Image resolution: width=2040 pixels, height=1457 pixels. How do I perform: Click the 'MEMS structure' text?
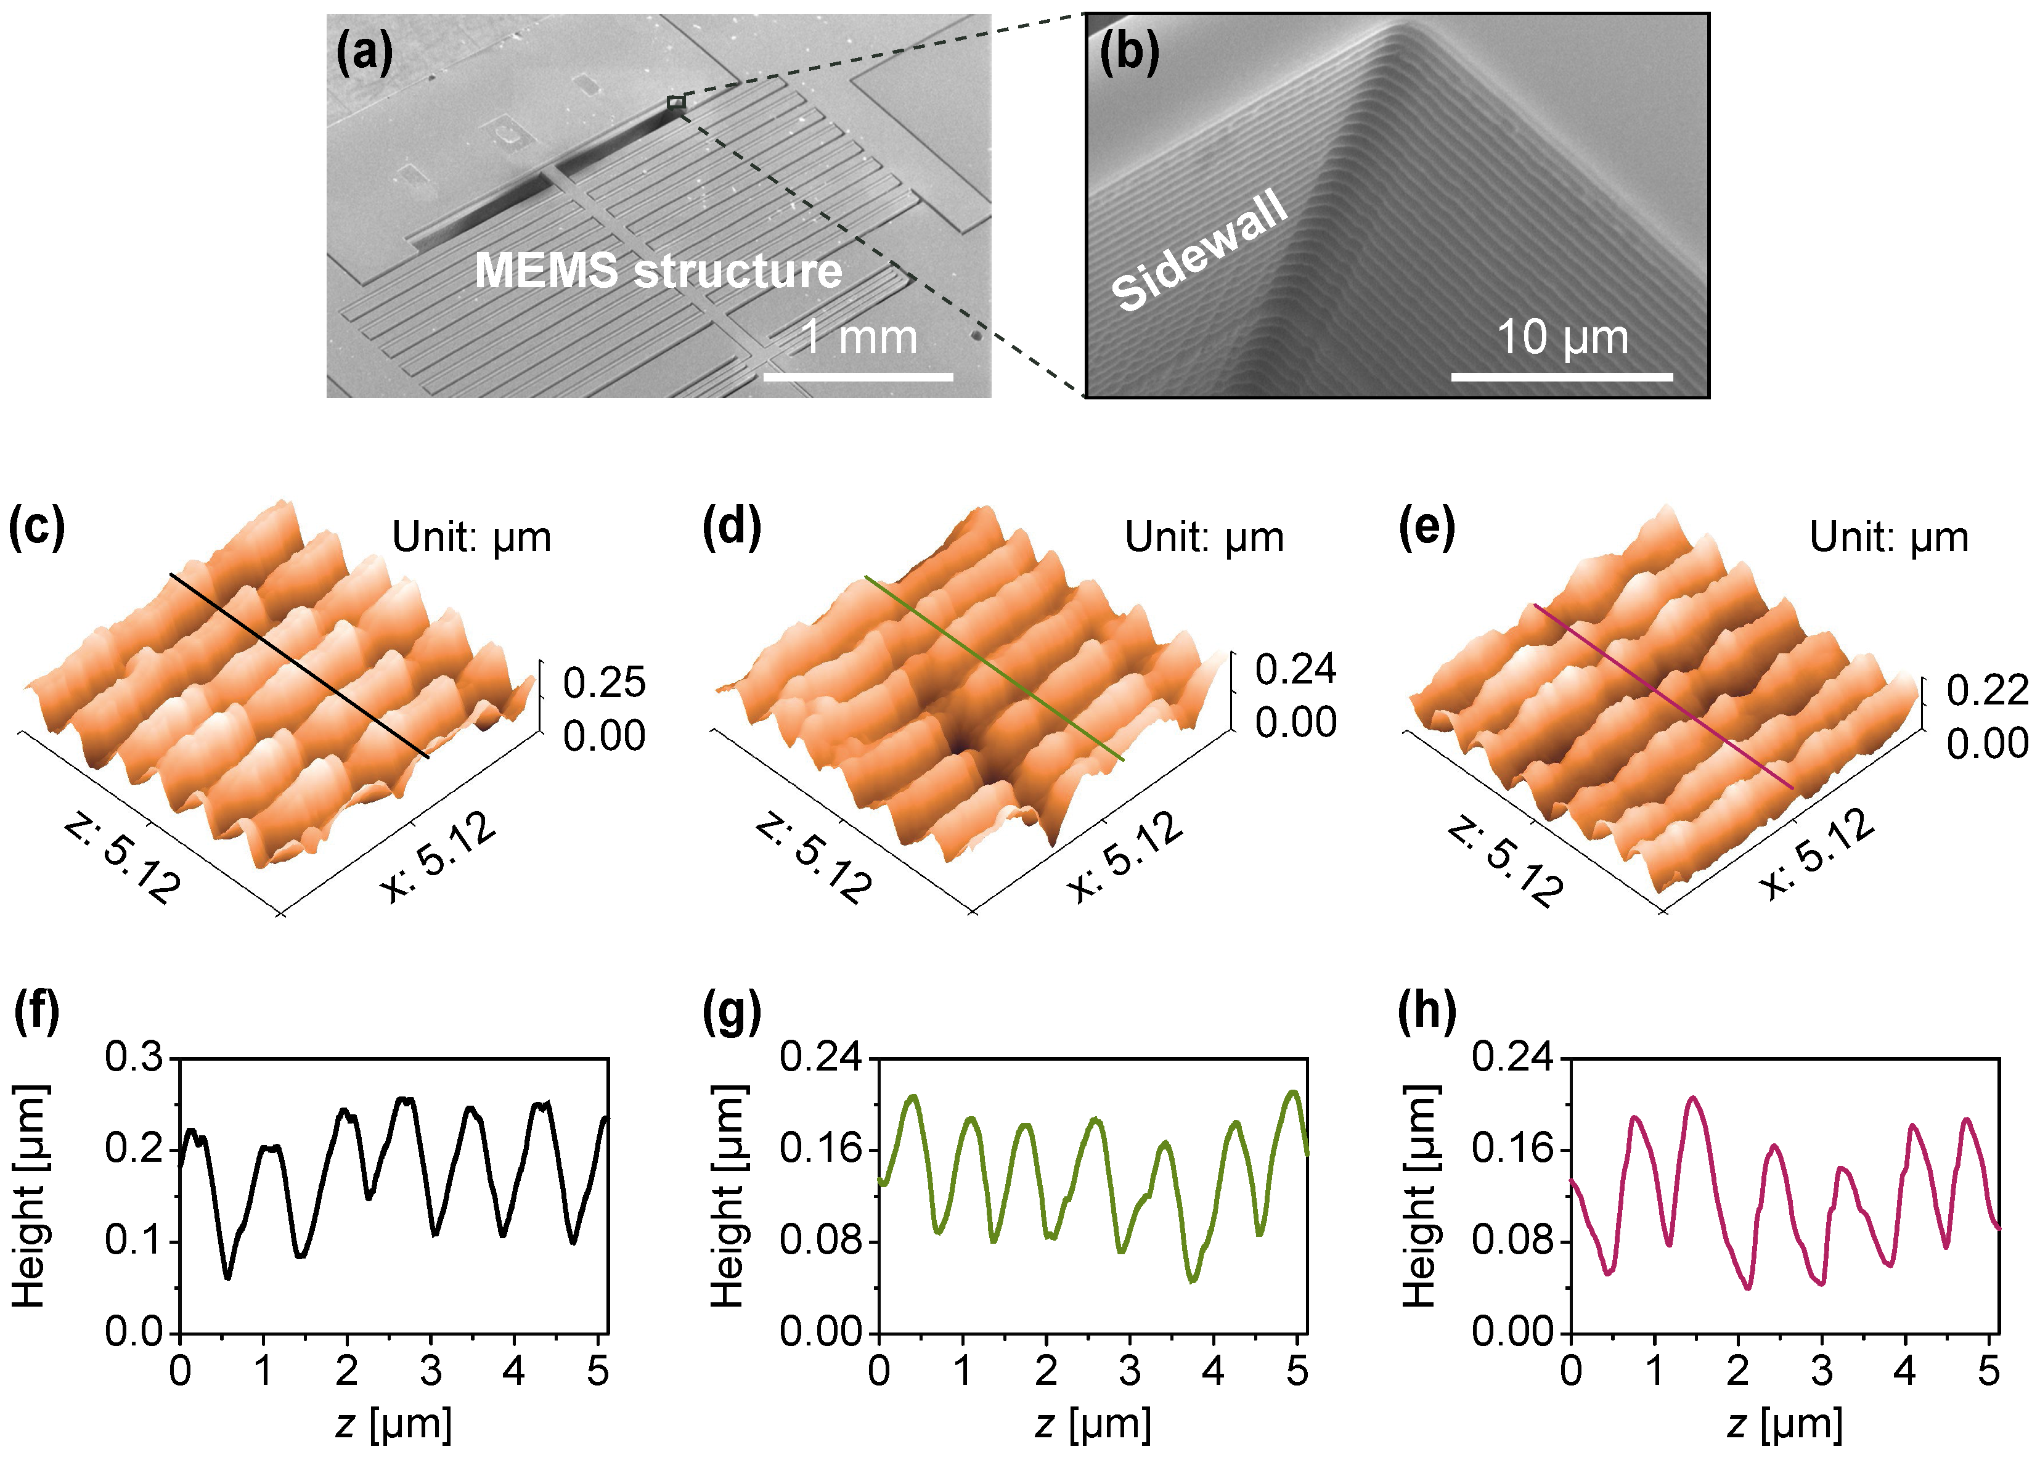[658, 270]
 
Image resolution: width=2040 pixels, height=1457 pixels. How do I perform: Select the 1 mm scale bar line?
[858, 377]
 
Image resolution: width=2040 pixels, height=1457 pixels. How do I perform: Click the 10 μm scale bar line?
[1562, 377]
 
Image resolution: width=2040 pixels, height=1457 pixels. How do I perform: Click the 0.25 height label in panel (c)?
[604, 683]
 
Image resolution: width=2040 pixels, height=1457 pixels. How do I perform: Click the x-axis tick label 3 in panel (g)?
[1130, 1371]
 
